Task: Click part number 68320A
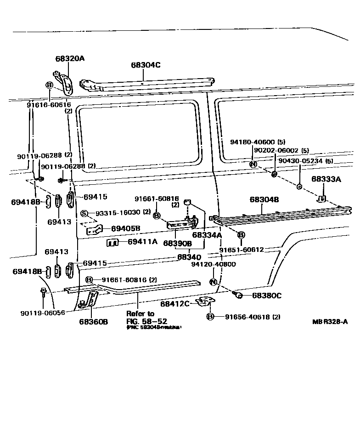tap(70, 58)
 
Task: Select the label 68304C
tap(146, 65)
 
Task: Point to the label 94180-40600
tap(252, 142)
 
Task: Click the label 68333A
tap(326, 179)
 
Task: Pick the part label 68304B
tap(264, 199)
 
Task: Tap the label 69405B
tap(125, 228)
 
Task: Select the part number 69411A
tap(142, 241)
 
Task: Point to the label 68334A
tap(207, 235)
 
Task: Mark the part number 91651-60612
tap(241, 250)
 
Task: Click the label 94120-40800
tap(214, 264)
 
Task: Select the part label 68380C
tap(266, 295)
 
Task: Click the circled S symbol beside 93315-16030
tap(84, 213)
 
